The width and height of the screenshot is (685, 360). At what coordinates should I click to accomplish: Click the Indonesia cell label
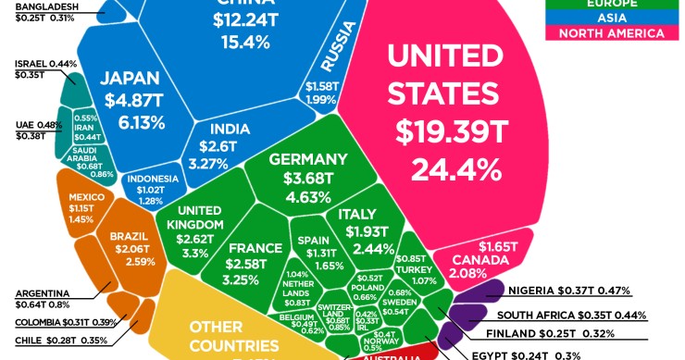point(152,179)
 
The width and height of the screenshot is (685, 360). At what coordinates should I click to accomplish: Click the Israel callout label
point(31,64)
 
